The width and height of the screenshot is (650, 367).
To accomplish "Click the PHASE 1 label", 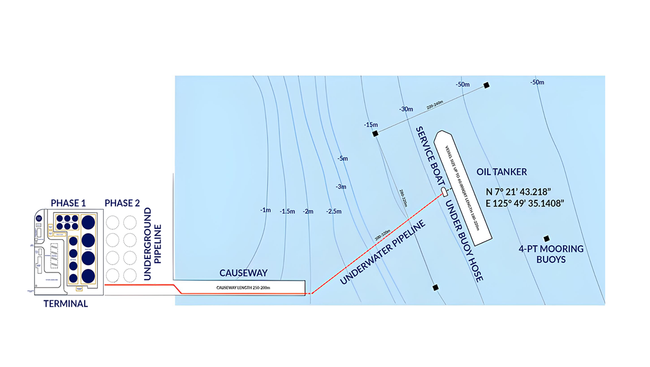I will [68, 203].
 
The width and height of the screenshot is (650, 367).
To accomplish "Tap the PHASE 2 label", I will [122, 203].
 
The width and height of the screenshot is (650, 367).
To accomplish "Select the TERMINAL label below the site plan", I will [66, 304].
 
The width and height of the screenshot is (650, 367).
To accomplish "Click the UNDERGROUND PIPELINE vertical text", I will [153, 244].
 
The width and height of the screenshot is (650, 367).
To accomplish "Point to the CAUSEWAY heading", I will [243, 273].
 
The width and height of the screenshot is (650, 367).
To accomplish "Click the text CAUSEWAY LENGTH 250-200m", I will [243, 288].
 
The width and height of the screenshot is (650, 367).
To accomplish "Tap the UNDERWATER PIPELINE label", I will [383, 252].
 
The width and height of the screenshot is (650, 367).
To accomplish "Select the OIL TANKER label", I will [501, 172].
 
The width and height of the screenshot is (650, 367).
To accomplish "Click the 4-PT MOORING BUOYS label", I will [551, 254].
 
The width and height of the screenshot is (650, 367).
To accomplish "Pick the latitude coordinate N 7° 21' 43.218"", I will [518, 192].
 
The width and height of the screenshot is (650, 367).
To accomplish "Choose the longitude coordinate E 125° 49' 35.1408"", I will [525, 204].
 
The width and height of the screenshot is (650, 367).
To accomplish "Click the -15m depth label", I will [371, 125].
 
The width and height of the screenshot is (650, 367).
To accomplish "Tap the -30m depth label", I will [406, 109].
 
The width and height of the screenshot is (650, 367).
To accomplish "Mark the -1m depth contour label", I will [265, 210].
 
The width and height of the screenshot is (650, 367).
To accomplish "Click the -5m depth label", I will [343, 158].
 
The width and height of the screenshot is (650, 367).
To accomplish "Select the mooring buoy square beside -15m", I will [375, 133].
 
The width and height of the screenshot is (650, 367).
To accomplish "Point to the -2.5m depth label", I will [334, 211].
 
